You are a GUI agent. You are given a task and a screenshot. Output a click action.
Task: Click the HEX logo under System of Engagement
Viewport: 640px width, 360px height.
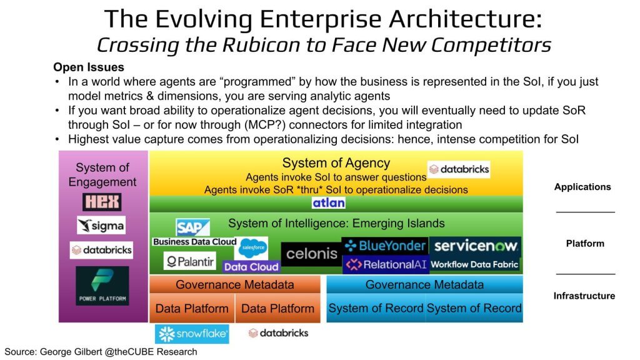(x=102, y=202)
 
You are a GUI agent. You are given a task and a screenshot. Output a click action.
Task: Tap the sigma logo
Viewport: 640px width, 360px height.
(x=101, y=225)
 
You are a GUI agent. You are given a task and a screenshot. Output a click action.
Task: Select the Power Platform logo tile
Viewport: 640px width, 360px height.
(x=102, y=286)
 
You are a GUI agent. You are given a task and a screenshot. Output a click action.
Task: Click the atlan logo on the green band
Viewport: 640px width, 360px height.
(x=329, y=203)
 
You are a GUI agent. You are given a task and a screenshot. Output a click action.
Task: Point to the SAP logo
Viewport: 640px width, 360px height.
(x=192, y=227)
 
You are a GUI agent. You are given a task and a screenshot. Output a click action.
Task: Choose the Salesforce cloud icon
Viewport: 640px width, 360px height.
(x=253, y=247)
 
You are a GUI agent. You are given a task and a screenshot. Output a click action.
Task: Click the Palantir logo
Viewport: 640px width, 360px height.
(x=190, y=261)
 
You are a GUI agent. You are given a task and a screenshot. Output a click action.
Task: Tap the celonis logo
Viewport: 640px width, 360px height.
(x=311, y=254)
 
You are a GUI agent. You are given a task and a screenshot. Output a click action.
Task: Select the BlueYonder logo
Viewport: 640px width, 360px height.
(x=385, y=246)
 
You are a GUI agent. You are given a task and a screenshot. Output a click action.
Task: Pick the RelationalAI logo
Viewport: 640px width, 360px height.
(x=386, y=264)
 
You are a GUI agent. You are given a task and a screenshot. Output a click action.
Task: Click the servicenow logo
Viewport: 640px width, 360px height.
(x=476, y=246)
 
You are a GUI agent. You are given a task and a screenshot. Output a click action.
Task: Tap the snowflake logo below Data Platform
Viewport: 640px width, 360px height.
(x=192, y=334)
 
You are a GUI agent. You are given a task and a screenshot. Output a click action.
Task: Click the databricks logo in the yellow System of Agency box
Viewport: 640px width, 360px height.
(x=459, y=169)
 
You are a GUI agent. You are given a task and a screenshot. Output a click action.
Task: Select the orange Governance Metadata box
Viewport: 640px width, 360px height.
(x=235, y=284)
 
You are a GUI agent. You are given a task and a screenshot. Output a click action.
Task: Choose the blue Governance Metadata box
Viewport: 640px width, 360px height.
(x=424, y=284)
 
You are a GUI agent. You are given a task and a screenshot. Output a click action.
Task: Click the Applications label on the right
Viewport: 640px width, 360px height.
(x=582, y=187)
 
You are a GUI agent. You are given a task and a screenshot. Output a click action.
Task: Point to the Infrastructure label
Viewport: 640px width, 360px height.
(x=584, y=296)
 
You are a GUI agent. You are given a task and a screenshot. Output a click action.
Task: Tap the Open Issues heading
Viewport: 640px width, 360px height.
(x=89, y=67)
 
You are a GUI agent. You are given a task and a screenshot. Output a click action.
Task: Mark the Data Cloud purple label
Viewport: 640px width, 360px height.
(x=251, y=267)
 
